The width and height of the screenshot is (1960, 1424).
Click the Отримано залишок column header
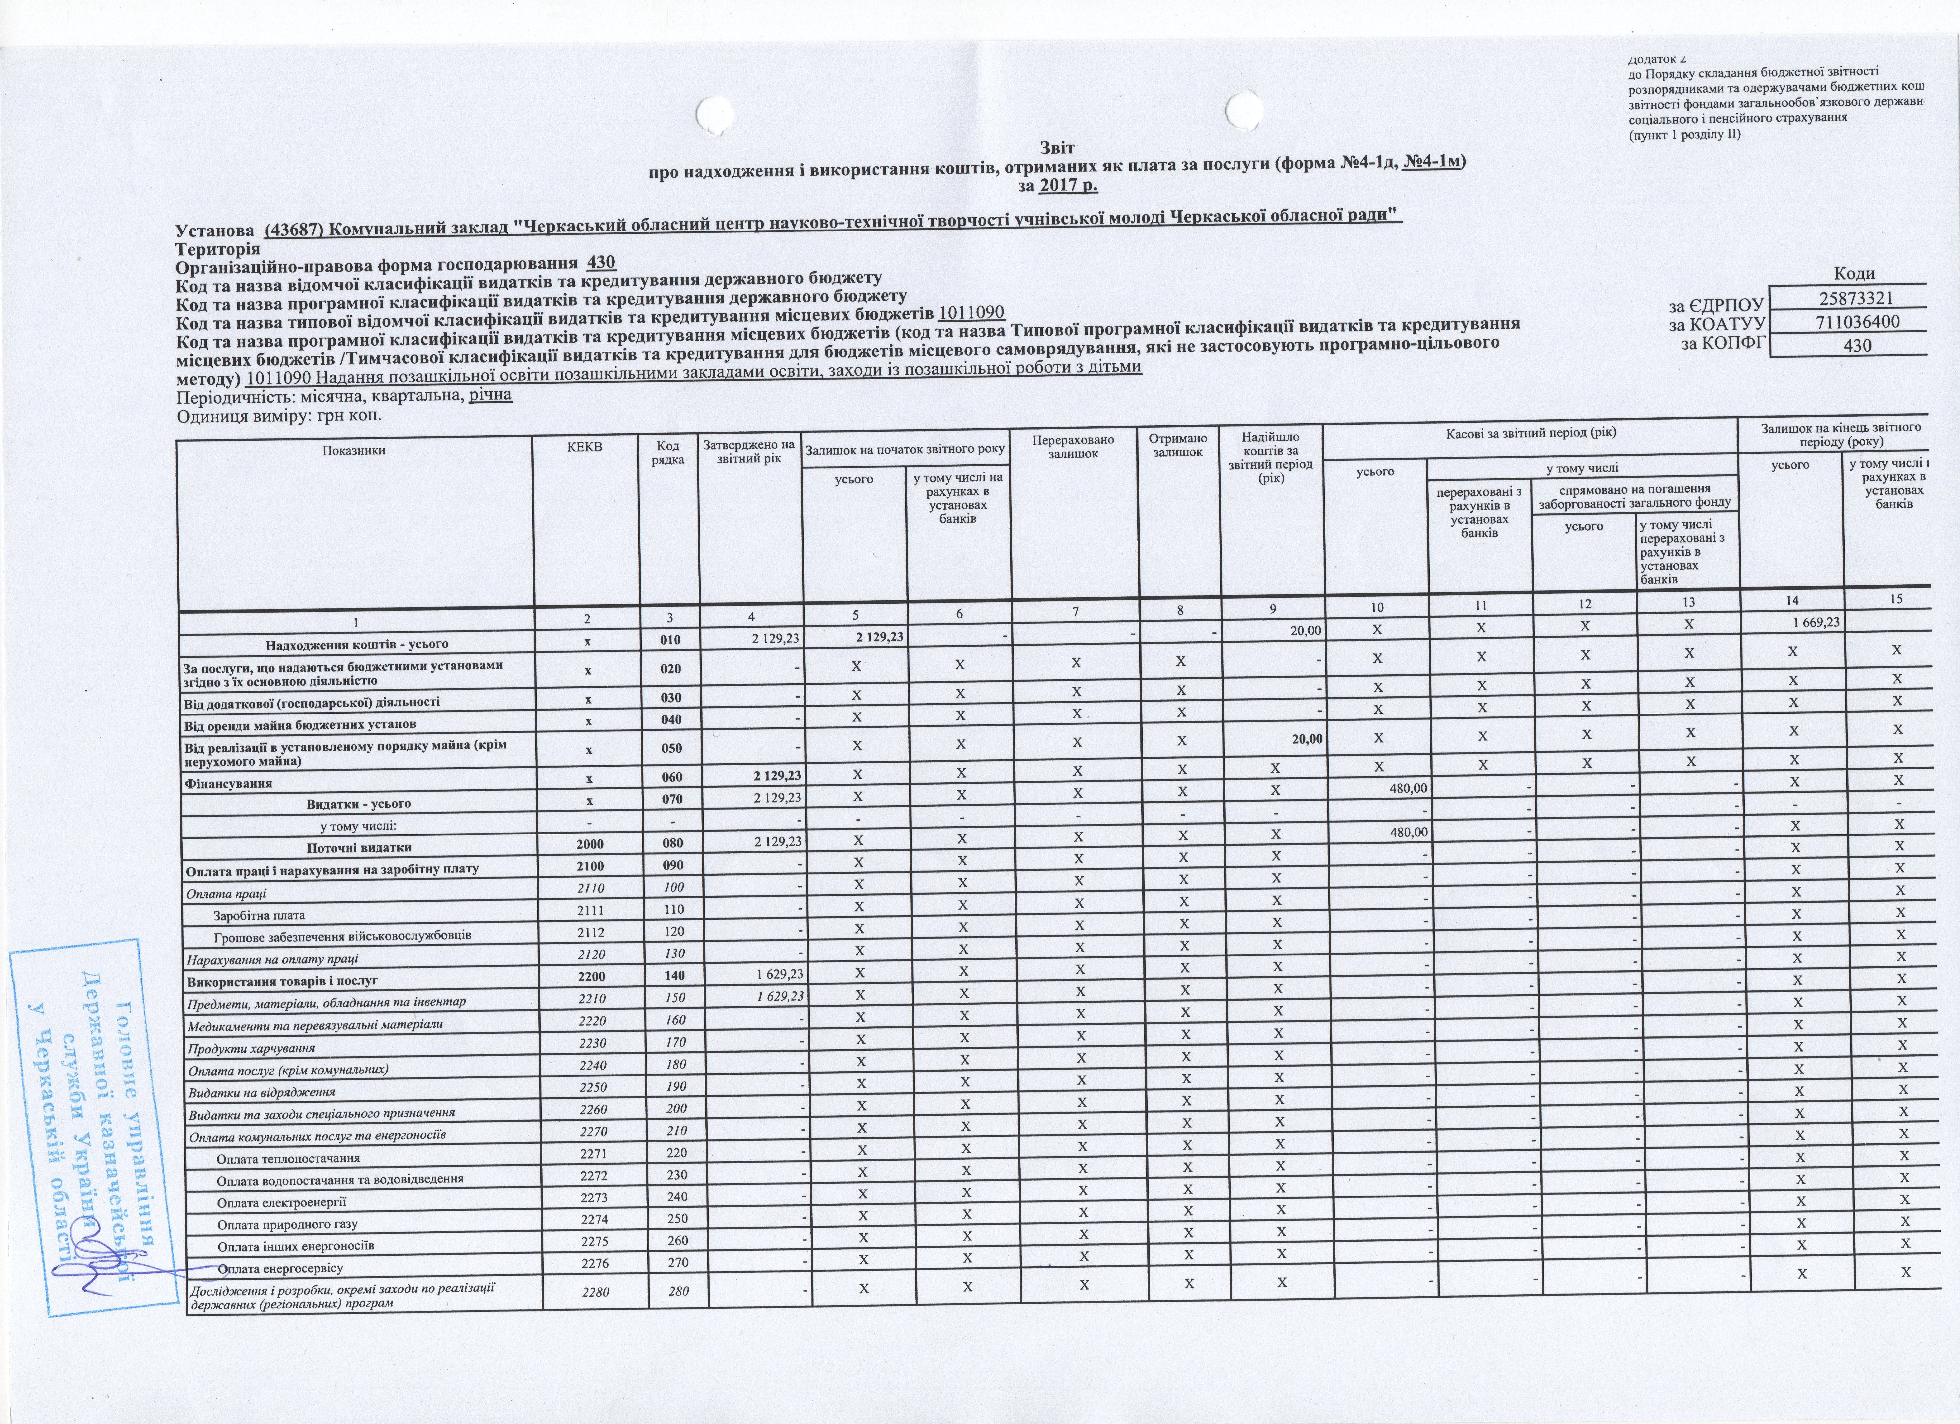click(x=1178, y=445)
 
